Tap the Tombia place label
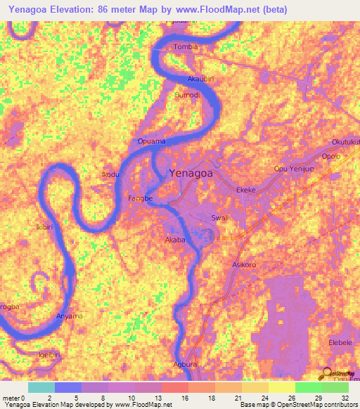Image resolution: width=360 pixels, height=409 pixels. (186, 47)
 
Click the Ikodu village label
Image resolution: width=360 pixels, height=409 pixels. (110, 174)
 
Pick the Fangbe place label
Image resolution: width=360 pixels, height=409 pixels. (140, 199)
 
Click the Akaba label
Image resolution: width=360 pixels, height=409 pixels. (174, 240)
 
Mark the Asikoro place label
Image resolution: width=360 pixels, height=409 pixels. (243, 265)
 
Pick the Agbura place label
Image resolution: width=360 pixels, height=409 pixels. (186, 365)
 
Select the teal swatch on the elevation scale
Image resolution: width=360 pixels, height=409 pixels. (41, 387)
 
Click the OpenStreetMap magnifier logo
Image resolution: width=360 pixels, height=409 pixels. (328, 375)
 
